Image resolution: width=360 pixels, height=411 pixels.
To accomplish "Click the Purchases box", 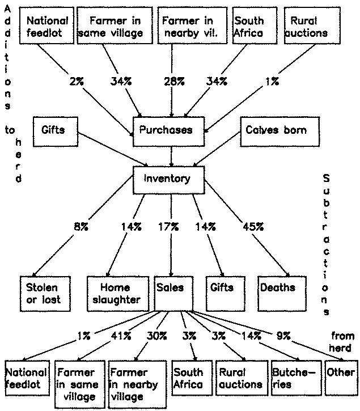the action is (x=168, y=132).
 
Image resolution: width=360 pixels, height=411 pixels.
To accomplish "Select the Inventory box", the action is (x=168, y=180).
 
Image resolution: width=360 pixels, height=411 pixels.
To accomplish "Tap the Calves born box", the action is (x=279, y=132).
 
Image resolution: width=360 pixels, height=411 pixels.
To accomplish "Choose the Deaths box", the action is (x=282, y=294).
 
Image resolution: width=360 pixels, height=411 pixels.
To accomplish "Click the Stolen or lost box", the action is (x=45, y=294).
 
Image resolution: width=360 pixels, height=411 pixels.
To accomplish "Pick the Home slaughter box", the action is (x=118, y=294).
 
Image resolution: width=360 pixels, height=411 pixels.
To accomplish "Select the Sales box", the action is (x=174, y=294).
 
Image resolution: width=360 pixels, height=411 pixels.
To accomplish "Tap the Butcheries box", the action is (x=297, y=378).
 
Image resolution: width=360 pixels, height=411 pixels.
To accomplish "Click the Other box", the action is (x=341, y=378).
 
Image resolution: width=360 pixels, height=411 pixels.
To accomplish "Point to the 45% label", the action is (x=253, y=227).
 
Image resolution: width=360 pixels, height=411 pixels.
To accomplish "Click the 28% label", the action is (x=175, y=82).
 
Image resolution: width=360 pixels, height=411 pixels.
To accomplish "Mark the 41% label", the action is (x=121, y=336).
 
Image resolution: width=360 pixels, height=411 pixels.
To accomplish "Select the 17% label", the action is (x=168, y=227).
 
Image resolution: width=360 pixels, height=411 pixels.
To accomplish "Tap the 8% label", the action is (x=81, y=227).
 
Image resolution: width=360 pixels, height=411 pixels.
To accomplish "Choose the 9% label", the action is (x=283, y=336).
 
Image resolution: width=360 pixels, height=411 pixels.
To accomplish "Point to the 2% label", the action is (x=77, y=82).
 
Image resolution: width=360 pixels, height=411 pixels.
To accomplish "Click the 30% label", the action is (x=156, y=336).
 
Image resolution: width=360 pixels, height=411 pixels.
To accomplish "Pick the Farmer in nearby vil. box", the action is (x=192, y=26).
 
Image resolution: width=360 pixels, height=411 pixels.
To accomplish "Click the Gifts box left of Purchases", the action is (x=56, y=132).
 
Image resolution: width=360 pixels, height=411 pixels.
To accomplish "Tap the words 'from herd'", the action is (x=342, y=342).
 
